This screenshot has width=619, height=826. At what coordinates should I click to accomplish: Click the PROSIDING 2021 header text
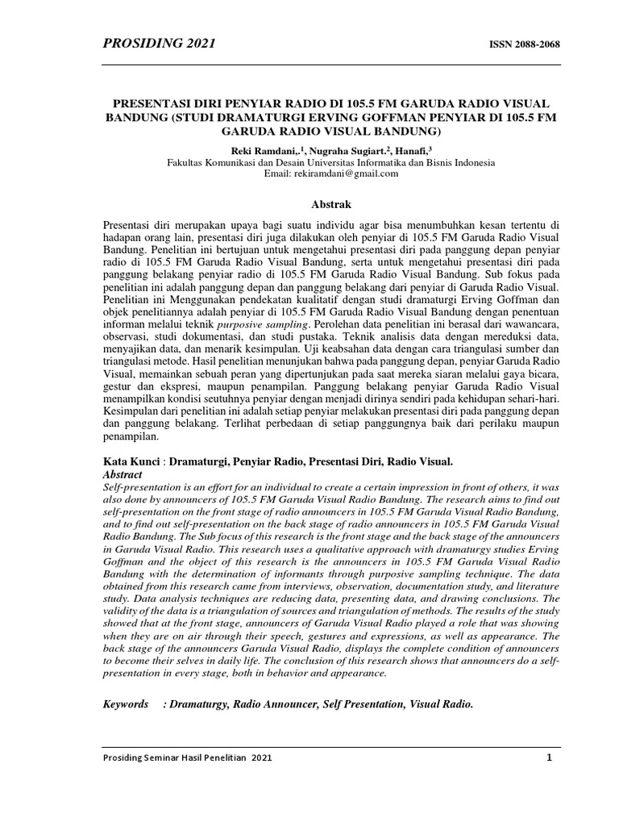pos(158,44)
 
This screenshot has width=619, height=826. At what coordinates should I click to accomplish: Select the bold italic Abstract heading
pos(123,475)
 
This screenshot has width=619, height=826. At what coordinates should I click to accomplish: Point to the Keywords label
pos(126,704)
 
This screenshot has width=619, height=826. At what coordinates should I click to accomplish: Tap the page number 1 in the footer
pos(548,757)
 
